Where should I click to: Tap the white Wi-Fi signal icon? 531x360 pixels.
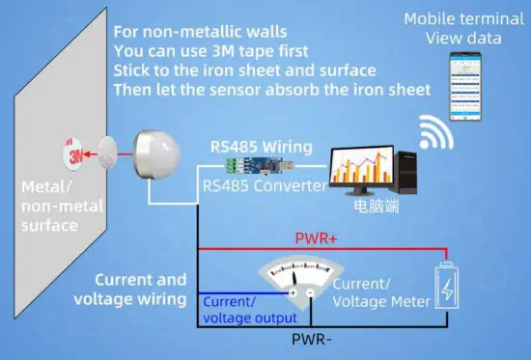(x=435, y=132)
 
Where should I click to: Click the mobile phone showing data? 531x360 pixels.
(x=463, y=84)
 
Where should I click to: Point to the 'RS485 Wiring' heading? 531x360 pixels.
(x=262, y=147)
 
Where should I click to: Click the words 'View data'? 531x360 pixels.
(x=463, y=38)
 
